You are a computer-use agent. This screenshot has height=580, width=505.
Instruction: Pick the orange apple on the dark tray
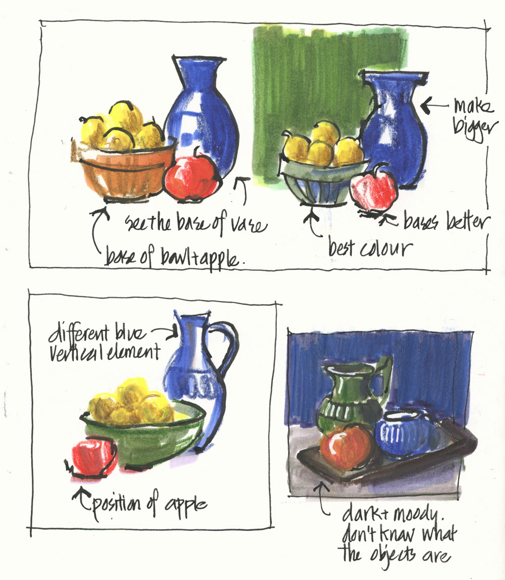345,447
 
